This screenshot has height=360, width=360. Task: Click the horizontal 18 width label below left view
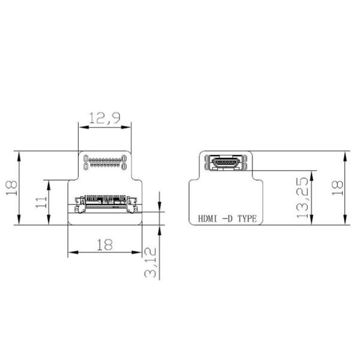click(x=104, y=244)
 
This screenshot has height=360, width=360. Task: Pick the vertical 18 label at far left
click(x=11, y=188)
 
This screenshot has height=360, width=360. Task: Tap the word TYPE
click(x=247, y=219)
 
